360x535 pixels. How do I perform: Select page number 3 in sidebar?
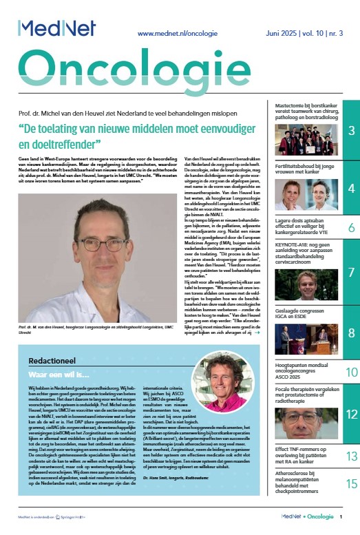[350, 131]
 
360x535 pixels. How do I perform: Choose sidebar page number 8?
[350, 333]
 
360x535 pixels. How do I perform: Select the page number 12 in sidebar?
[350, 415]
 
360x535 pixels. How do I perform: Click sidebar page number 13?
[350, 456]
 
